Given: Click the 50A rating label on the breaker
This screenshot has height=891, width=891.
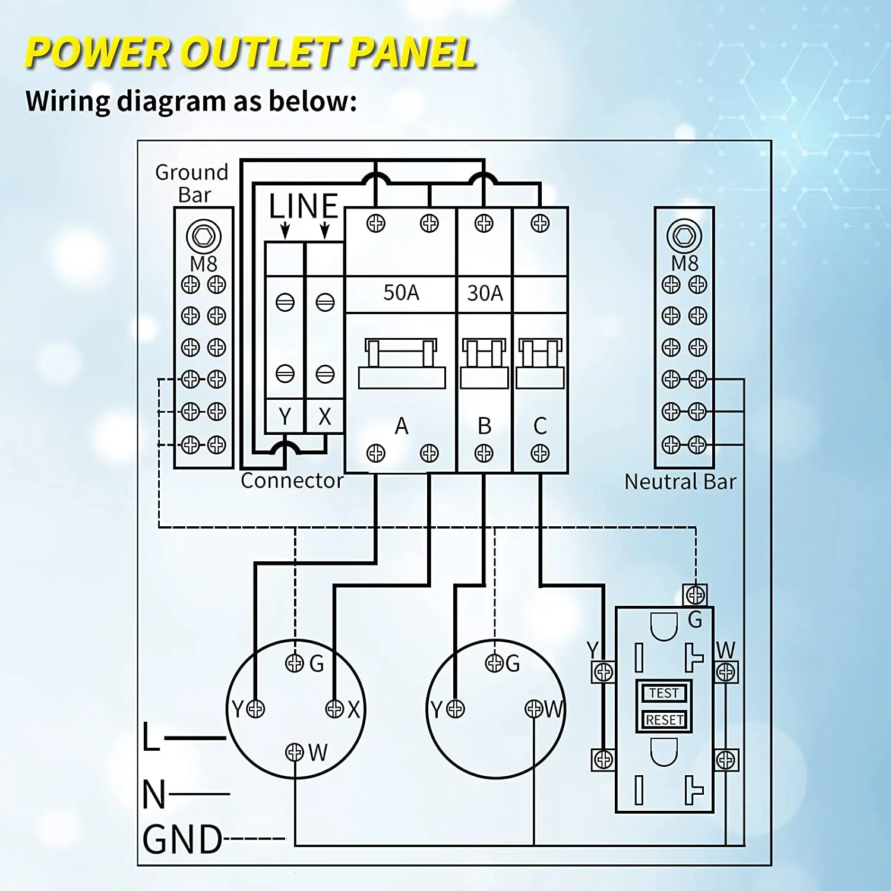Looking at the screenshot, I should coord(401,293).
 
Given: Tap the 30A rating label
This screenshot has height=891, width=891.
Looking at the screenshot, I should coord(485,293).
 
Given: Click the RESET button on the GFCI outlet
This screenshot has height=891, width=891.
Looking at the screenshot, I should coord(664,720).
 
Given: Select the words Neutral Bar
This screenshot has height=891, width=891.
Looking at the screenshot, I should coord(680,482).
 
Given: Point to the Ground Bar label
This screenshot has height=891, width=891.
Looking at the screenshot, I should coord(192,183).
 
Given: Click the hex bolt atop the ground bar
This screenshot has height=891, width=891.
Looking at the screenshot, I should coord(204,236).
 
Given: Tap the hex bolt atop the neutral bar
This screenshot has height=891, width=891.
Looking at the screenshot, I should coord(684,236).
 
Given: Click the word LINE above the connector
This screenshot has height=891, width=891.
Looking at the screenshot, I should coord(304,207).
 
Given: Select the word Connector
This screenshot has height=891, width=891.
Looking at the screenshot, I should coord(292,481).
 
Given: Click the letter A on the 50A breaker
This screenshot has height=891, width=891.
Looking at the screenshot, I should coord(402,426).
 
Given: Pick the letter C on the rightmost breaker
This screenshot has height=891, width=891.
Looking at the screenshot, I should coord(540,426).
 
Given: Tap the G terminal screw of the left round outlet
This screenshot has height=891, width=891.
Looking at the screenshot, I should coord(295,663).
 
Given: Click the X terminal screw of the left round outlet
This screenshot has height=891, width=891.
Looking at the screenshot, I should coord(335,709).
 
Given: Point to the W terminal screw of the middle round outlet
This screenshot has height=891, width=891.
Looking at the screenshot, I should coord(533,709).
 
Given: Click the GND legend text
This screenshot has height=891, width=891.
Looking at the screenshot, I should coord(182,839).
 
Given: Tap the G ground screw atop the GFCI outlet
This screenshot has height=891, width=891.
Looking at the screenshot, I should coord(696,594).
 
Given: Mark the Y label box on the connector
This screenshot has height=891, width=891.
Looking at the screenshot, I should coord(285,416).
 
